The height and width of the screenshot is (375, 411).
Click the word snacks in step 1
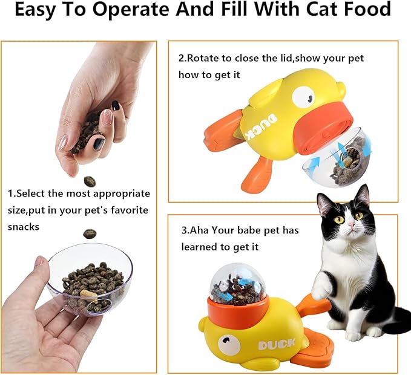pos(24,226)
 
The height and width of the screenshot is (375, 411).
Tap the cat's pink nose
pos(349,224)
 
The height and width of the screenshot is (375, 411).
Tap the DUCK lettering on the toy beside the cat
pos(276,345)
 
